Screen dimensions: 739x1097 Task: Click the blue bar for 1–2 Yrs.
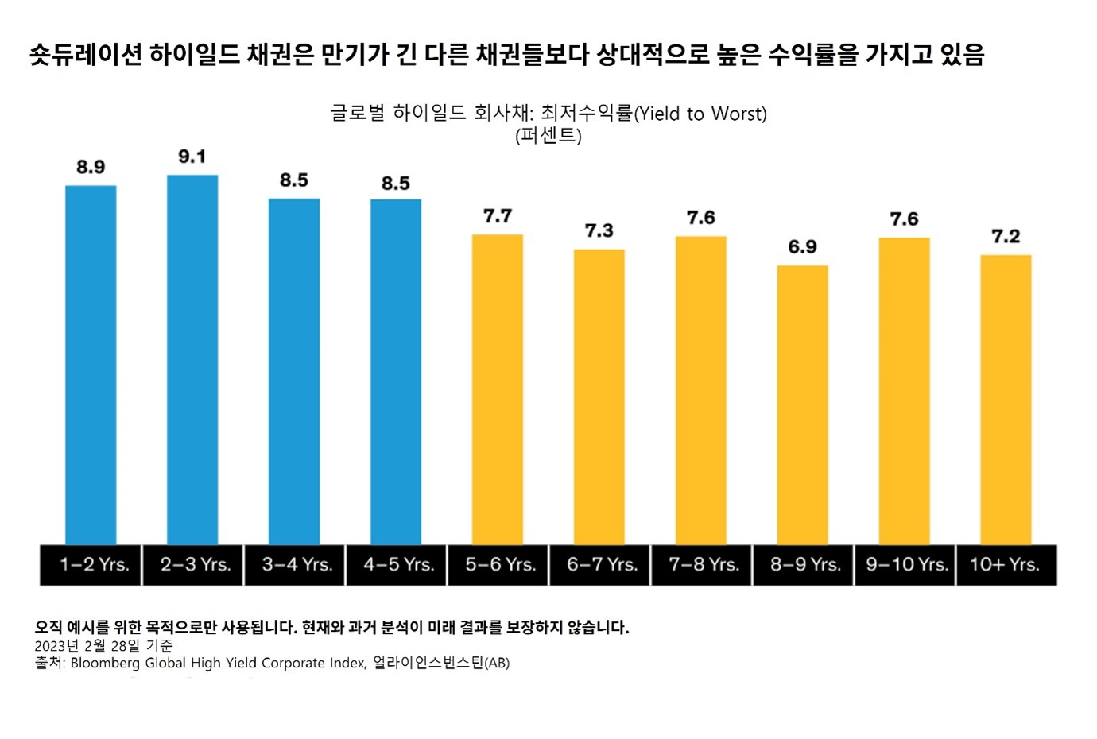tap(91, 366)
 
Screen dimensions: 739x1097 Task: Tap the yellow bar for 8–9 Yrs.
tap(802, 405)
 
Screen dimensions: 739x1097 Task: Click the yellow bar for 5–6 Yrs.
tap(498, 389)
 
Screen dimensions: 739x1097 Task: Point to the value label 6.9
tap(802, 247)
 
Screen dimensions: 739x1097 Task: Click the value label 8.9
tap(91, 167)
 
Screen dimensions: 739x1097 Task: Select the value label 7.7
tap(498, 216)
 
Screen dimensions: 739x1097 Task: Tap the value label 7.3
tap(599, 230)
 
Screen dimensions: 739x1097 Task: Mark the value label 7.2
tap(1006, 236)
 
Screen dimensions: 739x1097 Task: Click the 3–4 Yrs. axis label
tap(297, 565)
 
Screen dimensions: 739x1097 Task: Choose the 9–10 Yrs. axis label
tap(906, 565)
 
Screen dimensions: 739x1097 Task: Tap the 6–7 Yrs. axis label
tap(602, 565)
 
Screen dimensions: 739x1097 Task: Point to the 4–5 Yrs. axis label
tap(398, 565)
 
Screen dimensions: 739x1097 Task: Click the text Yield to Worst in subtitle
tap(700, 114)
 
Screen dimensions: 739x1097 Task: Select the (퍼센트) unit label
tap(548, 136)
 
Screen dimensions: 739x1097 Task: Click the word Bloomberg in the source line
tap(106, 663)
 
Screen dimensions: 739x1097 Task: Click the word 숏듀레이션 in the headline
tap(86, 54)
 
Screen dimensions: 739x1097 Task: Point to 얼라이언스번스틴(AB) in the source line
tap(441, 663)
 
